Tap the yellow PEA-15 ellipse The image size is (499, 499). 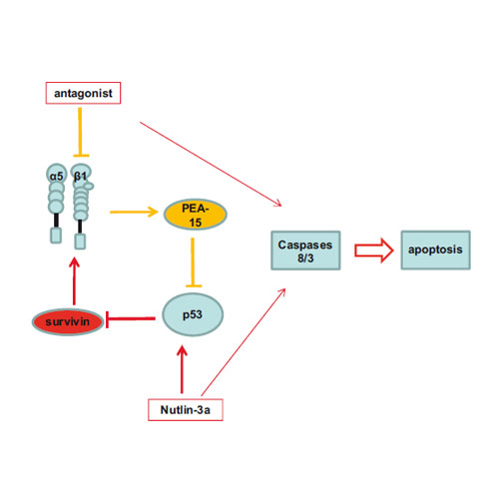[196, 215]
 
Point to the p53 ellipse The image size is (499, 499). [193, 314]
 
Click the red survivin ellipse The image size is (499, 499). [68, 321]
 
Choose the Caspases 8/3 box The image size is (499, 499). [305, 250]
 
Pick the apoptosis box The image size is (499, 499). [435, 249]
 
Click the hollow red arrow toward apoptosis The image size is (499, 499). [374, 250]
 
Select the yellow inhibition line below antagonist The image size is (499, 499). [80, 132]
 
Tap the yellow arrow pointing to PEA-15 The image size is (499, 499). [134, 212]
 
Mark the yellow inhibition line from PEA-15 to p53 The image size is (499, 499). [193, 262]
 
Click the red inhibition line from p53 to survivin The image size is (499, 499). [130, 318]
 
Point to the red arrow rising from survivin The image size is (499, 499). [74, 281]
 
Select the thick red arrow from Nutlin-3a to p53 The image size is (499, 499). [182, 369]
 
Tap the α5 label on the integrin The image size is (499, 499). [56, 176]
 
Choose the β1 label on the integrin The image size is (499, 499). [80, 176]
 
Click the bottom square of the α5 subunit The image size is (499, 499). [56, 236]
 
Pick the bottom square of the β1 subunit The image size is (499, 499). [80, 242]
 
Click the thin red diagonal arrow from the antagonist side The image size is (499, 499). [211, 165]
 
